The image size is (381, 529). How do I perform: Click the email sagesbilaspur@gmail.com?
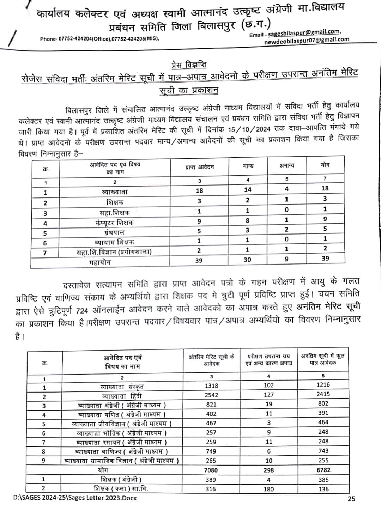click(304, 33)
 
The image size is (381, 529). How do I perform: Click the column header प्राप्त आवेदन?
click(199, 167)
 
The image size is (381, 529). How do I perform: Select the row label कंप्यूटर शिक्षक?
click(115, 223)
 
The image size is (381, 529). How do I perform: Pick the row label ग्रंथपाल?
click(114, 232)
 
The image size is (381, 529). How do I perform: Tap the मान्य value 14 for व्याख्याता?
click(248, 190)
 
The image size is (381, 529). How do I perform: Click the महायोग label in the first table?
click(100, 262)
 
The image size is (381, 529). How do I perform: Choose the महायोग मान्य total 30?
click(248, 260)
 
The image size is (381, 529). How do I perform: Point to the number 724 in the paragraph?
click(82, 311)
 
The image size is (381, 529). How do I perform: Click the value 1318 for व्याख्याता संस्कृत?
click(211, 386)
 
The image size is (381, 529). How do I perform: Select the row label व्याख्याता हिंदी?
click(122, 396)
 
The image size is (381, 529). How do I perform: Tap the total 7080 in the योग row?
click(211, 470)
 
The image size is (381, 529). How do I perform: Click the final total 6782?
click(323, 470)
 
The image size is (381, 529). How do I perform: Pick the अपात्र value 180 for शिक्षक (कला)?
click(268, 489)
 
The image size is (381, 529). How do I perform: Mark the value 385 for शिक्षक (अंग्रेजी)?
click(323, 480)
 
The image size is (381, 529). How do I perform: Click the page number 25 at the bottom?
click(351, 499)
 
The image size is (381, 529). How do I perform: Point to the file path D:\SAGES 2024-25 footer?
click(75, 498)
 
